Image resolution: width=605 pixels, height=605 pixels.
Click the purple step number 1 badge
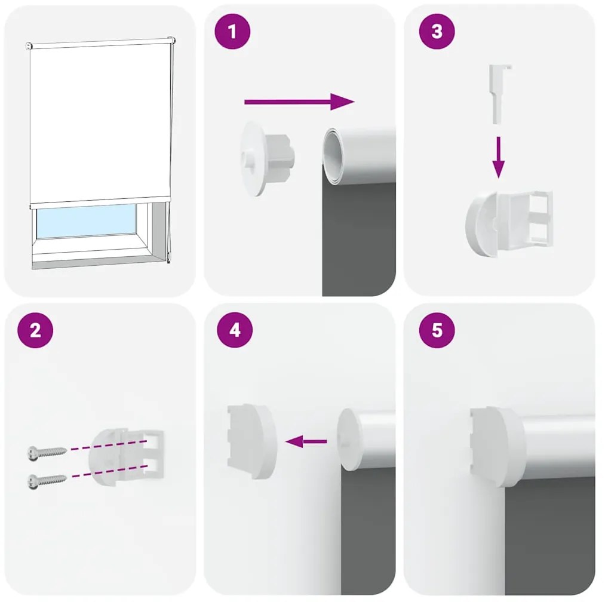(x=232, y=33)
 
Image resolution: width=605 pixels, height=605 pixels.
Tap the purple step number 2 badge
(x=35, y=330)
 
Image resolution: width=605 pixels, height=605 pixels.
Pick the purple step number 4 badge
(x=235, y=330)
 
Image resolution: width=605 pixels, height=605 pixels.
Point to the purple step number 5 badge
(x=437, y=330)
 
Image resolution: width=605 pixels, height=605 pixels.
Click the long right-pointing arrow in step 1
(x=299, y=102)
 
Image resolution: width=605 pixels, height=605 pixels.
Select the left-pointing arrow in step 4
(x=306, y=442)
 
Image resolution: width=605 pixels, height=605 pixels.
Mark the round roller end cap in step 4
(x=349, y=440)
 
